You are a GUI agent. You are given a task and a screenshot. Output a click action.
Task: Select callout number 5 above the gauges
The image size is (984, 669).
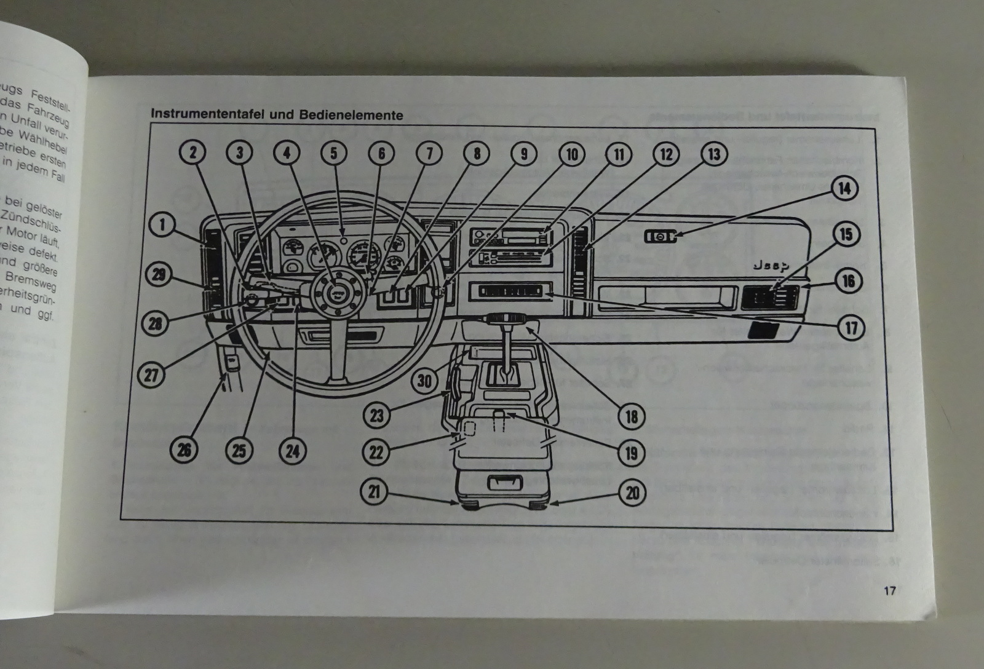click(x=334, y=152)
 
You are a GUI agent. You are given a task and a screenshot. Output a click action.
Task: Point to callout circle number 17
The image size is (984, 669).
click(x=851, y=327)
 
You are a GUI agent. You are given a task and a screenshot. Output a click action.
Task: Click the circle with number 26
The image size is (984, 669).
click(x=184, y=451)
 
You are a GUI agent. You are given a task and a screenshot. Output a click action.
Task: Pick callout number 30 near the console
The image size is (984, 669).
click(x=425, y=381)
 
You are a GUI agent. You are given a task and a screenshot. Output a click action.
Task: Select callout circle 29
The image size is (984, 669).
click(x=160, y=274)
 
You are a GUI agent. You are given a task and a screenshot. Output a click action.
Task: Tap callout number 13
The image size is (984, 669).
click(x=714, y=154)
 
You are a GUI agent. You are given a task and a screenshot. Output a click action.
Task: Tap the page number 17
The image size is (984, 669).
click(x=889, y=592)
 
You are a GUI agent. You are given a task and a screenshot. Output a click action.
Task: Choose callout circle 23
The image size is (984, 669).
click(x=376, y=416)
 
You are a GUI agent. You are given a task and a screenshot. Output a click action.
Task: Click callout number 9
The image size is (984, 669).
click(x=524, y=153)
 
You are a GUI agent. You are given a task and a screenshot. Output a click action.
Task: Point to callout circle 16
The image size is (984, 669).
click(x=849, y=281)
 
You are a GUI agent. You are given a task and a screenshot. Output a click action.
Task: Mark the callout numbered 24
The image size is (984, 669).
click(x=292, y=451)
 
